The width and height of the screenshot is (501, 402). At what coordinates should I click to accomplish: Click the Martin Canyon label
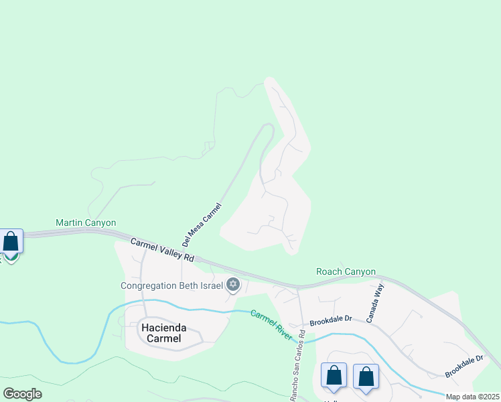pos(86,222)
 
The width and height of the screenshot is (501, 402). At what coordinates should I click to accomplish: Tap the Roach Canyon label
pos(346,271)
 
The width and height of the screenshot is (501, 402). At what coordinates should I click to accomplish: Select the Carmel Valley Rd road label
pos(162,250)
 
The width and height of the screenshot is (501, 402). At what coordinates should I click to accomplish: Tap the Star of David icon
pos(233,285)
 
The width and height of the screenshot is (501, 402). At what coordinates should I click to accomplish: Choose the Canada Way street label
pos(378,302)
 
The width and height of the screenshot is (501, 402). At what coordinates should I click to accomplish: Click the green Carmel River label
pos(271,324)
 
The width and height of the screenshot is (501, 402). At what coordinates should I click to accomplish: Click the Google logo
pos(22,393)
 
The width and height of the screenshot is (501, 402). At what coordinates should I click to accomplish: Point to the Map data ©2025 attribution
pos(472,397)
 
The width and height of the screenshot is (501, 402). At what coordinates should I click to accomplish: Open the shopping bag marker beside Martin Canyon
pos(11,242)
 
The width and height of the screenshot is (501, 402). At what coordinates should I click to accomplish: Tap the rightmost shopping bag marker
pos(366,377)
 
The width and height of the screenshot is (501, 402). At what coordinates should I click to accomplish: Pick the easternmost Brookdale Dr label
pos(464,366)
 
